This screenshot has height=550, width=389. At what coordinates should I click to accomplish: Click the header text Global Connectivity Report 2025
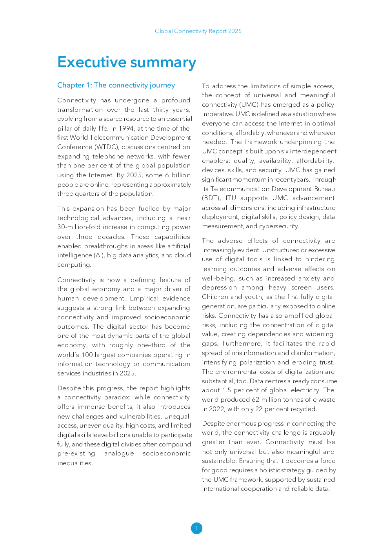pyautogui.click(x=198, y=31)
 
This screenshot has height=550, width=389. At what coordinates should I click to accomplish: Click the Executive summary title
pyautogui.click(x=127, y=62)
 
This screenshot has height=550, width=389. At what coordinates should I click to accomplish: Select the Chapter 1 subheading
pyautogui.click(x=116, y=85)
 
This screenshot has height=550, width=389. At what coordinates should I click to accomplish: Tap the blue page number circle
pyautogui.click(x=196, y=528)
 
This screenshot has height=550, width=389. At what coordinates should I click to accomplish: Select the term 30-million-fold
pyautogui.click(x=81, y=227)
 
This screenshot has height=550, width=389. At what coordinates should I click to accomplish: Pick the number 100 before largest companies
pyautogui.click(x=87, y=355)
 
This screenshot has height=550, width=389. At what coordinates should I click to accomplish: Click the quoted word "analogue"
pyautogui.click(x=119, y=453)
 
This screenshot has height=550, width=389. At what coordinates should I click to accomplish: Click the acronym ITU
pyautogui.click(x=231, y=198)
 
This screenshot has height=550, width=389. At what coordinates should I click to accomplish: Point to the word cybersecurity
pyautogui.click(x=279, y=226)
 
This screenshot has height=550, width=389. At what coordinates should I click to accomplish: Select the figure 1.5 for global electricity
pyautogui.click(x=227, y=390)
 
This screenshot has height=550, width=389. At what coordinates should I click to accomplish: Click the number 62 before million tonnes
pyautogui.click(x=255, y=400)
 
